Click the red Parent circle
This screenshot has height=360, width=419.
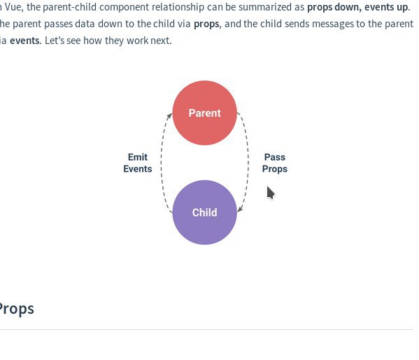point(205,113)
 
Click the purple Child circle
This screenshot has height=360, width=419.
point(205,213)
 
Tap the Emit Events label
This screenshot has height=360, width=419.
point(138,163)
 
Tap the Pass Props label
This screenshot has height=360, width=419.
point(275,163)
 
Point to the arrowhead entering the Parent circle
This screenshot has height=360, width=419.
point(169,116)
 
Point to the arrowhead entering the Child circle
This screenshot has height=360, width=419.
point(240,209)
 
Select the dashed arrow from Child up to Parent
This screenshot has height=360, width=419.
point(162,163)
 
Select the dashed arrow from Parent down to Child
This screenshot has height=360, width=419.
point(248,163)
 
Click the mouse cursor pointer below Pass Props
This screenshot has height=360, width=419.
point(271,193)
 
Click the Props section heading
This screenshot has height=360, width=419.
point(17,309)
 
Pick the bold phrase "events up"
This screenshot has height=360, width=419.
point(386,7)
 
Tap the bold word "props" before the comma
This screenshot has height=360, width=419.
point(206,24)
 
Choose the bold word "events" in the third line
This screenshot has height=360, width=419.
point(24,41)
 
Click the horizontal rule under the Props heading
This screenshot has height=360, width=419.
point(206,329)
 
